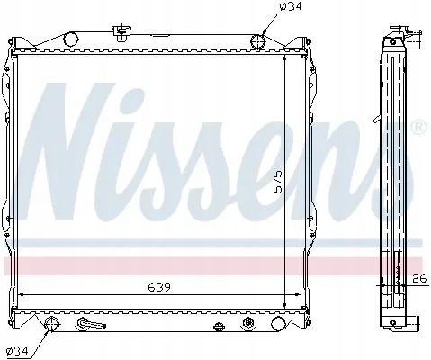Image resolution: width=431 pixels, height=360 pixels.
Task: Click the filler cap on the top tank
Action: (x=117, y=34)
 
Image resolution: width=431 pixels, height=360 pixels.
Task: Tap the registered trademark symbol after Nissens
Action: (x=418, y=129)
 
